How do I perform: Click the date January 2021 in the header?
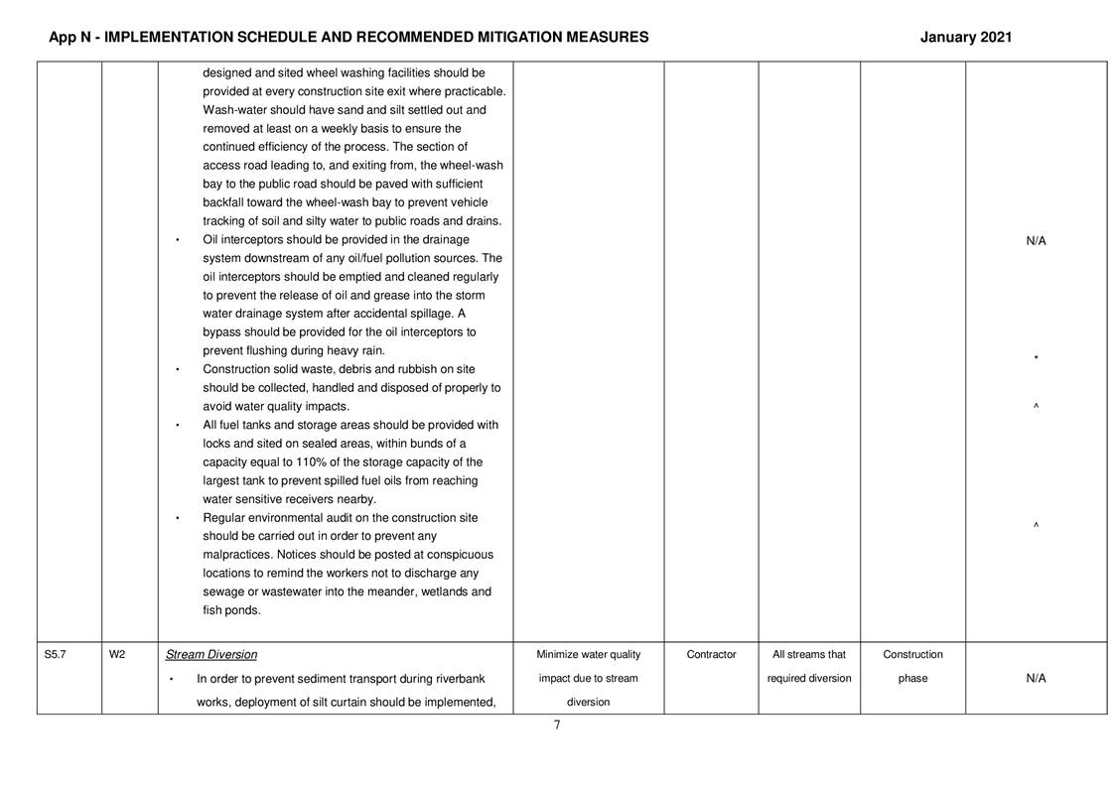(x=965, y=38)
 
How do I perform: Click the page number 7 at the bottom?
(x=557, y=725)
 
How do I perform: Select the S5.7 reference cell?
(x=56, y=655)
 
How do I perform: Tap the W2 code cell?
(x=117, y=655)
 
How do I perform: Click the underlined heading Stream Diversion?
(x=210, y=655)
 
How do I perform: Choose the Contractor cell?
(x=711, y=655)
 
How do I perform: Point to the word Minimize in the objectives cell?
(x=563, y=655)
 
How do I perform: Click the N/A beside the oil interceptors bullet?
(x=1036, y=241)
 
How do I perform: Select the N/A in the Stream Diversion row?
(x=1036, y=679)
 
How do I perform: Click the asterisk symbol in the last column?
(x=1036, y=358)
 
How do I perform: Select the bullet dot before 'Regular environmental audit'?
(x=177, y=519)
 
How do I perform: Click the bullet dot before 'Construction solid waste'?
(x=177, y=370)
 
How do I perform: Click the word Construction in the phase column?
(x=912, y=655)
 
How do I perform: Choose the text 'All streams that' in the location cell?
(x=808, y=655)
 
